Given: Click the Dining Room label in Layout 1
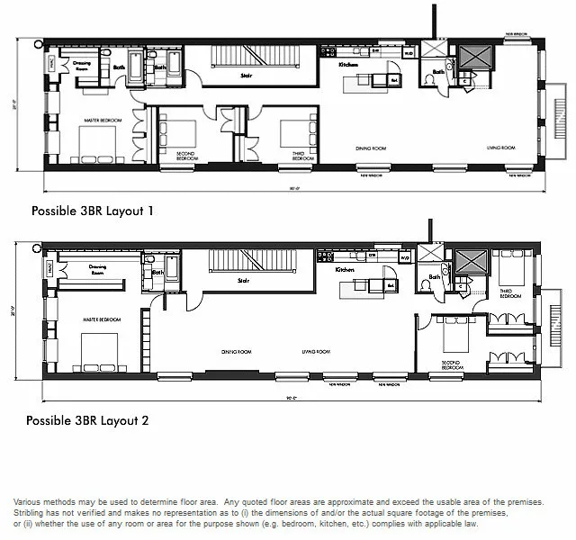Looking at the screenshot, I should click(x=370, y=147).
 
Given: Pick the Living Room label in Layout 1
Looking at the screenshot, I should click(x=501, y=147).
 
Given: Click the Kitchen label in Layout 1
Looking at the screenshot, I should click(x=349, y=66).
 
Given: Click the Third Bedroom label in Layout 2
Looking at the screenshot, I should click(x=508, y=292).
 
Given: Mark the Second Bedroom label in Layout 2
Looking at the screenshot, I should click(x=452, y=366).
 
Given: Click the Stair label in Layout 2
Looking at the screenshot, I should click(x=243, y=281).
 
